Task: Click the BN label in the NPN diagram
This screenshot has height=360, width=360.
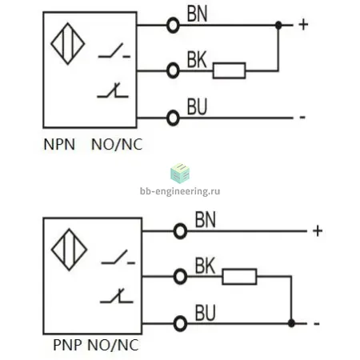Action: click(197, 14)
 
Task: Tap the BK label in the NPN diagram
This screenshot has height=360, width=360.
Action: click(197, 60)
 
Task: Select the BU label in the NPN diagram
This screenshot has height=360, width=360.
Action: click(197, 106)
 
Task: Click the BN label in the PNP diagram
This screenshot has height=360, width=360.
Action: click(205, 220)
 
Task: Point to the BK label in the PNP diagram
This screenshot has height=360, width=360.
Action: click(205, 266)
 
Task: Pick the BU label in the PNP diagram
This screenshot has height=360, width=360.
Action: click(205, 313)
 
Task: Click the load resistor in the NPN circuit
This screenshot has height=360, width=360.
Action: click(229, 70)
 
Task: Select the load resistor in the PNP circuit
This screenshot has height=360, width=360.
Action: click(239, 277)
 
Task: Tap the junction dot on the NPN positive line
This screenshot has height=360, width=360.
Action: click(278, 26)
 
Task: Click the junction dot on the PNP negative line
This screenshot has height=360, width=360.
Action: click(291, 323)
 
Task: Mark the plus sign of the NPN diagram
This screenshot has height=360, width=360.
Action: click(303, 25)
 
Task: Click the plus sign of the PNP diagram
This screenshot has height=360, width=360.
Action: click(318, 231)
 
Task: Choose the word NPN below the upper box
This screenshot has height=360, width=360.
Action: click(59, 144)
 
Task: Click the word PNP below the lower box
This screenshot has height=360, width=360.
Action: click(67, 345)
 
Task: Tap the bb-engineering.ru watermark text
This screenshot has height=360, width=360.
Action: click(180, 191)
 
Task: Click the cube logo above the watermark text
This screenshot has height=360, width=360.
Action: click(180, 174)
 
